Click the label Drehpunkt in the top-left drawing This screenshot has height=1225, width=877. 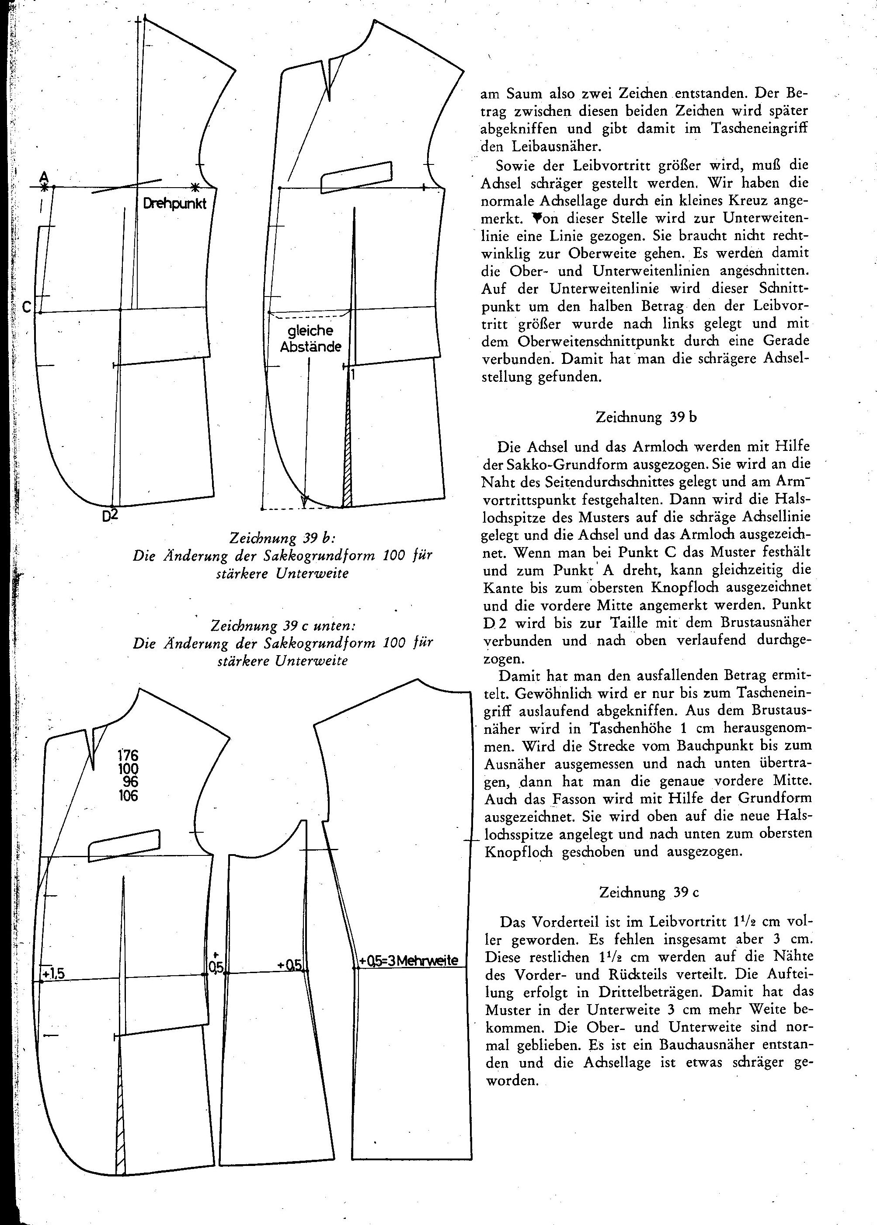tap(174, 205)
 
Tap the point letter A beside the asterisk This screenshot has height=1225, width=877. tap(44, 177)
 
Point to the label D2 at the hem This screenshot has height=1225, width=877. tap(110, 515)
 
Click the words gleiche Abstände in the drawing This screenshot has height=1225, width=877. tap(310, 339)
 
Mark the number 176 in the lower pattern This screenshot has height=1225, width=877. tap(128, 755)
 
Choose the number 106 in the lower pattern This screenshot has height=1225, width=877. tap(128, 795)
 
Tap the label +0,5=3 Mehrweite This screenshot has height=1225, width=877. tap(409, 960)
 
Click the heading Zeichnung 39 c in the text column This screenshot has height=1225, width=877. tap(649, 892)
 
